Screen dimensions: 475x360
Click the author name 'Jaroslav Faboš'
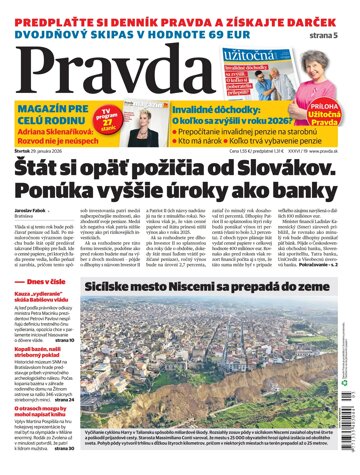pos(29,240)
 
